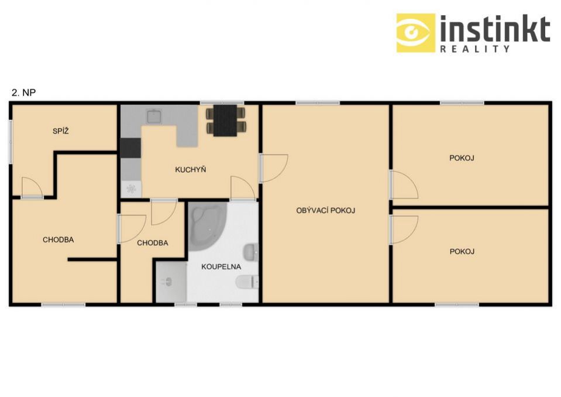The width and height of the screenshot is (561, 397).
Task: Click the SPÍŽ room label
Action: tap(60, 131)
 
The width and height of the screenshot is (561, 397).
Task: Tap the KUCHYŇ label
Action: tap(190, 170)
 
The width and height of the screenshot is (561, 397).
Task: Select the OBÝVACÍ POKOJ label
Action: tap(326, 210)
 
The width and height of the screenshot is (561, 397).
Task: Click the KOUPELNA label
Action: tap(221, 266)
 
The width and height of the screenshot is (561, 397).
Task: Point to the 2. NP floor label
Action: tap(23, 93)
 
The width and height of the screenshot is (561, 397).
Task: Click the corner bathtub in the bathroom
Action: tap(207, 223)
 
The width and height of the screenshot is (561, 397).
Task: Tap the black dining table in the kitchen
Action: tap(225, 121)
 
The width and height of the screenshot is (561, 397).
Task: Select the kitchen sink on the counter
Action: tap(154, 117)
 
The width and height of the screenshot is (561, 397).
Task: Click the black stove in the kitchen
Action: tap(130, 148)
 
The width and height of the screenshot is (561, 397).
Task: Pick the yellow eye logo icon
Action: tap(416, 33)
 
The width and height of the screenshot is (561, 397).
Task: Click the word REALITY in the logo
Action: tap(475, 49)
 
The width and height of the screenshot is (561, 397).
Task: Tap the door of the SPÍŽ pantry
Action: tap(32, 187)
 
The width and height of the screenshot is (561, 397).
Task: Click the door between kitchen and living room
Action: tap(273, 168)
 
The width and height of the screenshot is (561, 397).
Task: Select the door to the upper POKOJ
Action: tap(404, 184)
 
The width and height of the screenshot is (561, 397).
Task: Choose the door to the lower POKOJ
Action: tap(404, 230)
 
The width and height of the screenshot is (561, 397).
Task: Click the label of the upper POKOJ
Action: tap(462, 158)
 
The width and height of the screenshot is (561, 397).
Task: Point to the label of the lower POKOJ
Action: tap(462, 252)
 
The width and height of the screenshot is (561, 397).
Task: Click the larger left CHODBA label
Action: tap(58, 240)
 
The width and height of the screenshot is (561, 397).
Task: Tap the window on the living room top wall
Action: tap(317, 103)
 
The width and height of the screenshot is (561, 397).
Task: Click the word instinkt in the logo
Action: tap(495, 29)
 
